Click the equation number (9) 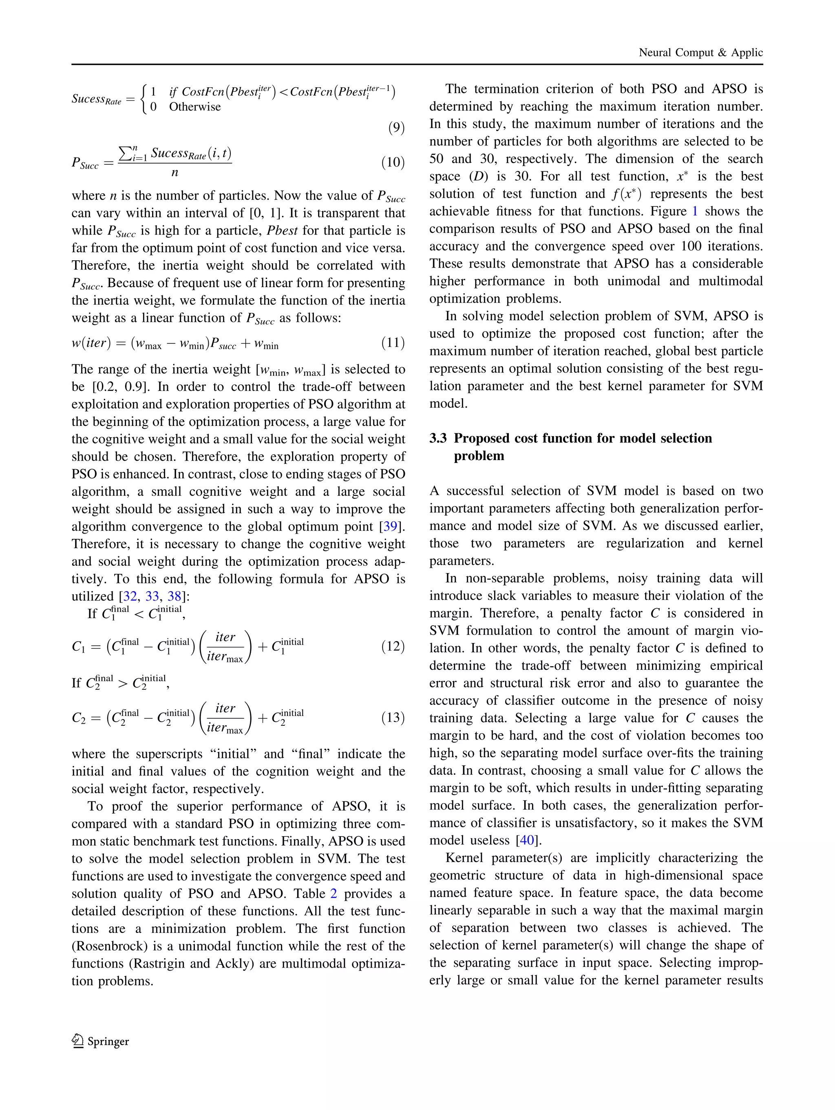pyautogui.click(x=396, y=128)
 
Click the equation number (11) pyautogui.click(x=393, y=343)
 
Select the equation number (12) pyautogui.click(x=393, y=646)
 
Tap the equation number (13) pyautogui.click(x=393, y=717)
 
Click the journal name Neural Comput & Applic pyautogui.click(x=700, y=53)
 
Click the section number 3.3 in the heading pyautogui.click(x=438, y=438)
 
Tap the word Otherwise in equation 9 pyautogui.click(x=194, y=107)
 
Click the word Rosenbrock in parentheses pyautogui.click(x=111, y=946)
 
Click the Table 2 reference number pyautogui.click(x=334, y=893)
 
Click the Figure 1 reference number pyautogui.click(x=695, y=211)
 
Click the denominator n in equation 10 pyautogui.click(x=175, y=173)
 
